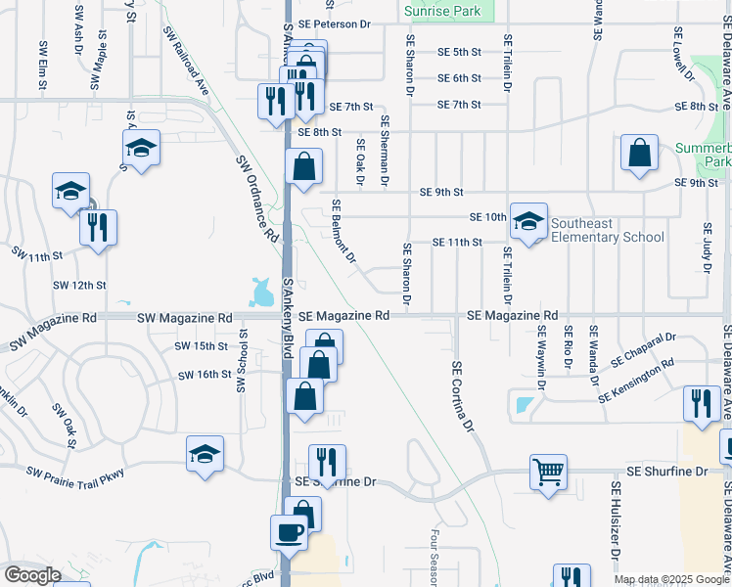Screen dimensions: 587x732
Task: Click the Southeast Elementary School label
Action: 607,230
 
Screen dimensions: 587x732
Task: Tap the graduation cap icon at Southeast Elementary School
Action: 528,222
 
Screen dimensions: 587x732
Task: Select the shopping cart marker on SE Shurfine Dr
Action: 549,473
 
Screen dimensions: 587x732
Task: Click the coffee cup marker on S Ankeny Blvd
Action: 289,533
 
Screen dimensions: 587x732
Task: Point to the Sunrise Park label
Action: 446,11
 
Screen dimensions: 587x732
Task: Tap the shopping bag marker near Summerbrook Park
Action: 639,154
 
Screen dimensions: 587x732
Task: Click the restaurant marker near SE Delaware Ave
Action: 701,404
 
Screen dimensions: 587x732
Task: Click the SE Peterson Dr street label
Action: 338,23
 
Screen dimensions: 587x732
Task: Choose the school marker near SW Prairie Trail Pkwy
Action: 206,454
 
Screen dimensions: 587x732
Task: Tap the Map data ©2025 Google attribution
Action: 671,579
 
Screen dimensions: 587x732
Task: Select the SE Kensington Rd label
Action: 637,379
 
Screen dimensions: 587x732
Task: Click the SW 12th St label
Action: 79,285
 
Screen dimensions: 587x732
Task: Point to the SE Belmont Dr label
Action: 343,232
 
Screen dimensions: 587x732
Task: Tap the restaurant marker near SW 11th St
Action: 98,228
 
